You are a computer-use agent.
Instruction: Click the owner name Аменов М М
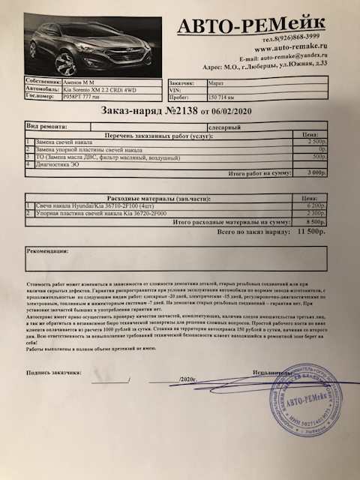coord(77,79)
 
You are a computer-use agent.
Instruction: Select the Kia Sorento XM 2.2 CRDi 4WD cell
coord(92,88)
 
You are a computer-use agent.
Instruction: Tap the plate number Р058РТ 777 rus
coord(82,97)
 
